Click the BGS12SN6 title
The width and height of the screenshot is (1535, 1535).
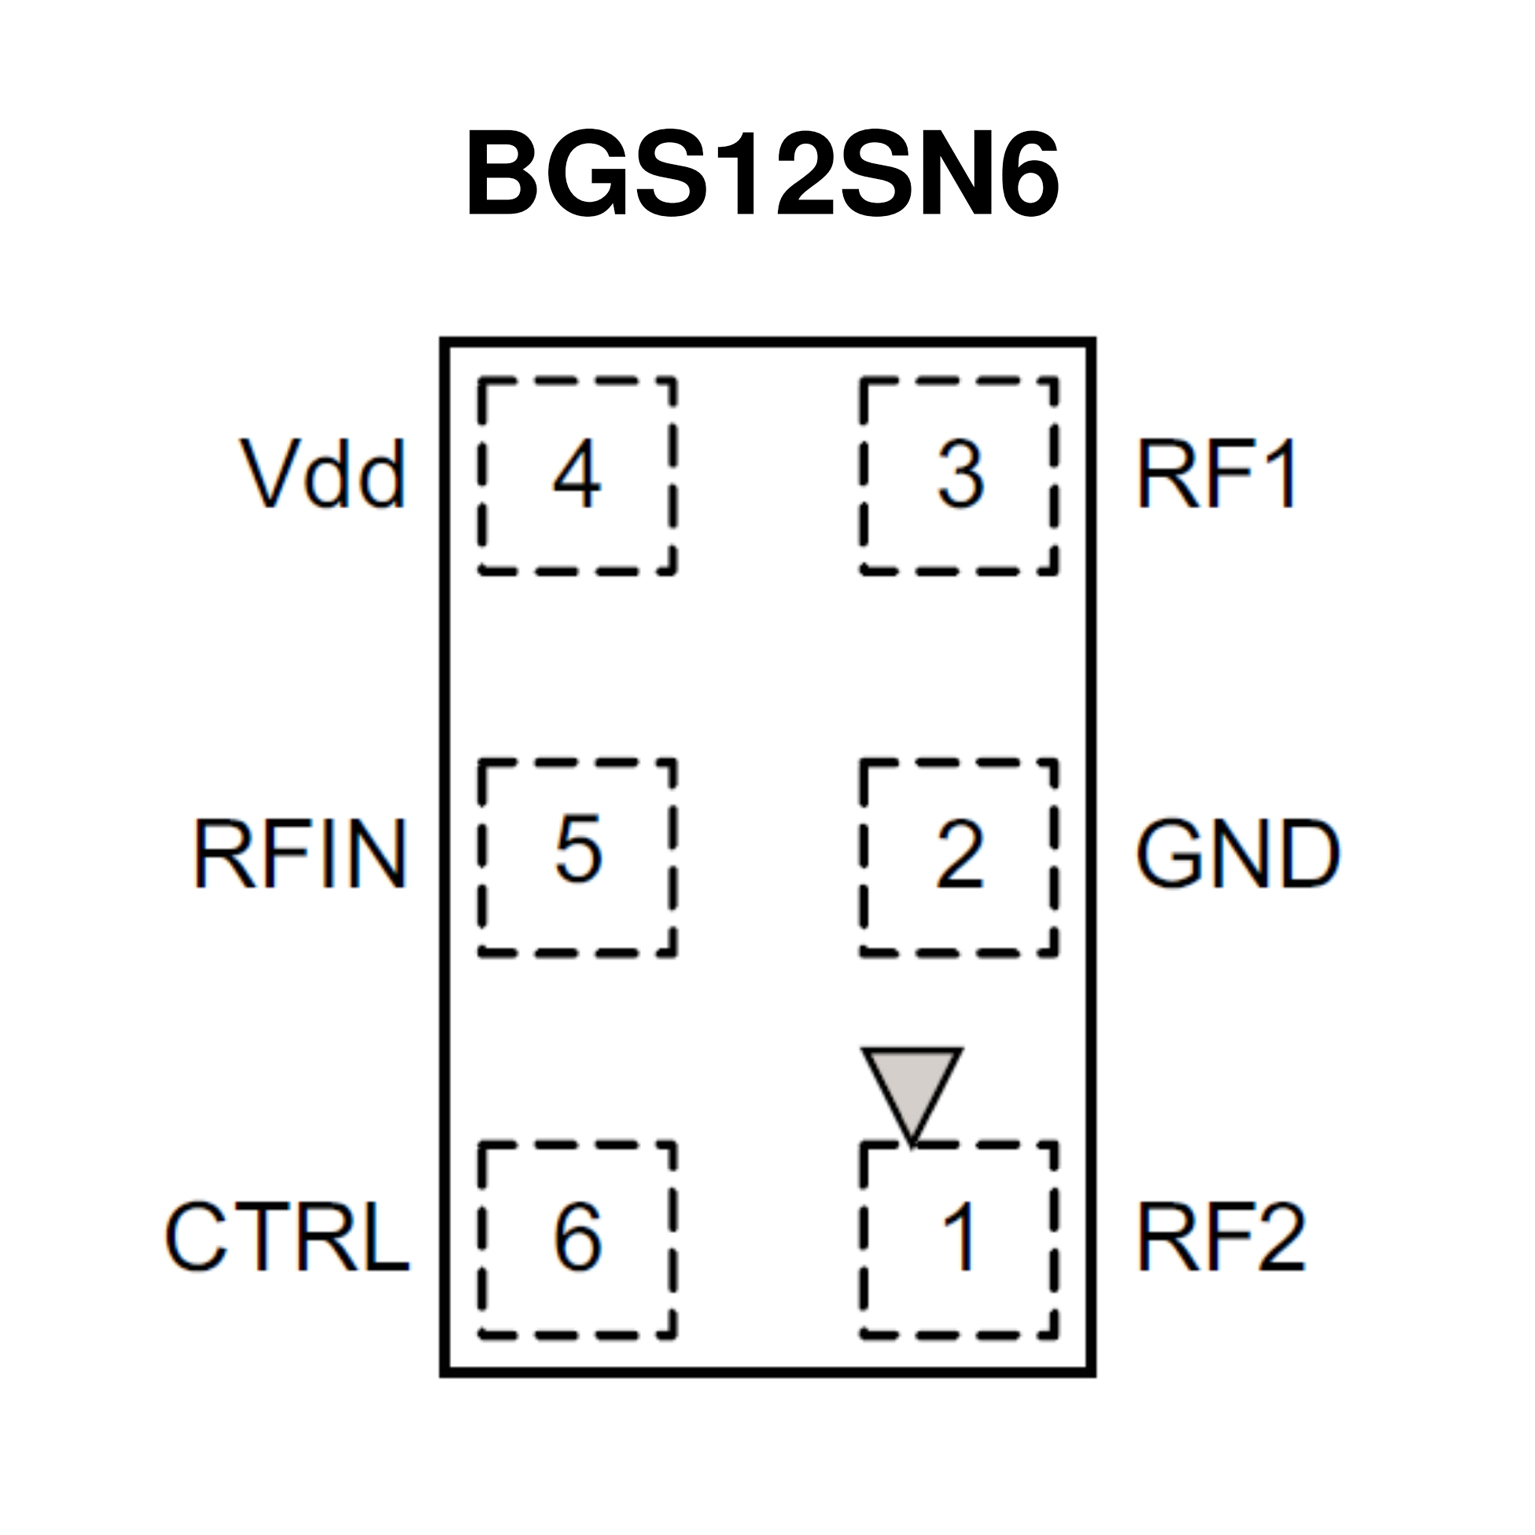[762, 176]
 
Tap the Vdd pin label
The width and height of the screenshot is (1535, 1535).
[323, 474]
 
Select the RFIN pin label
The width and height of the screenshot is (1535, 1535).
[300, 854]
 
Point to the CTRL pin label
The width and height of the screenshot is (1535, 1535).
[287, 1237]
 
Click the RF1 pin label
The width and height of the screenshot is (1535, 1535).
[1217, 474]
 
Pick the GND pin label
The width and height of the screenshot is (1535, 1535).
[1237, 854]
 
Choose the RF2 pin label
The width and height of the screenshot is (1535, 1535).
[1220, 1237]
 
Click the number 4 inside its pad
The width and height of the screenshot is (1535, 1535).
[577, 474]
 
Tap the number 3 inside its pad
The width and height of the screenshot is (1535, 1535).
[960, 474]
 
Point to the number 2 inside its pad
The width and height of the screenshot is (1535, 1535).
[959, 855]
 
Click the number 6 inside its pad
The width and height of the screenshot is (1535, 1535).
[578, 1237]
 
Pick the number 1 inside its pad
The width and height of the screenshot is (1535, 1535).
[960, 1237]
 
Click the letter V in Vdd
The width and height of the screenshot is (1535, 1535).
[267, 474]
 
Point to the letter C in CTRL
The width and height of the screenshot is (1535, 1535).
[196, 1237]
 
